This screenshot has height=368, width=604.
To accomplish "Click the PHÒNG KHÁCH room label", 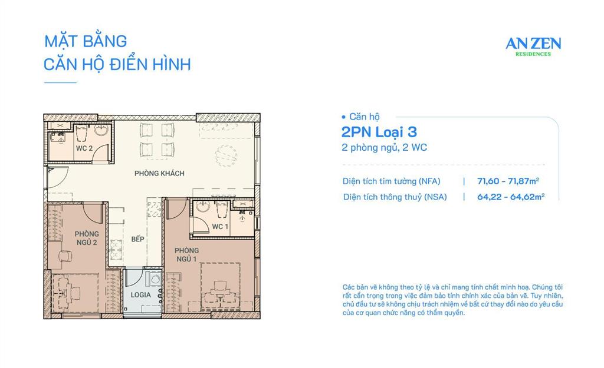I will [x=159, y=173].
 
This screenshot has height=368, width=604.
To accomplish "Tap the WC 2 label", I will [x=84, y=148].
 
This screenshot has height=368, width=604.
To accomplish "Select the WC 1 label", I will [x=220, y=227].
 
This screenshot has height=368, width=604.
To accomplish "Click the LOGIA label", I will [x=140, y=294].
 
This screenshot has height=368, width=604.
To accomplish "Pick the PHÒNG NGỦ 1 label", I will [x=186, y=254].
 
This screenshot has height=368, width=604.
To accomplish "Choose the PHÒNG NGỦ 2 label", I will [x=86, y=238].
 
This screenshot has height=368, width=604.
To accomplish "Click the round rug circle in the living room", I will [x=227, y=156].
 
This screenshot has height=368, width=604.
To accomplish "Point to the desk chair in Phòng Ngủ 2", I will [x=65, y=256].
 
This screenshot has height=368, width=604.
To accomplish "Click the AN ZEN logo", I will [x=533, y=43].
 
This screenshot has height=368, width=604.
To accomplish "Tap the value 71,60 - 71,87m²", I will [x=510, y=181].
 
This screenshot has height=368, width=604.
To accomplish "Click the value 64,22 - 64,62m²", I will [x=510, y=197].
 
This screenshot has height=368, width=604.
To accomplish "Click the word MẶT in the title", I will [x=59, y=41].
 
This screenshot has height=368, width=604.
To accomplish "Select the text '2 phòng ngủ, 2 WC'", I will [x=384, y=148].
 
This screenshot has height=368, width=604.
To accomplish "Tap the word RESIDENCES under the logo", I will [x=533, y=54].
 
